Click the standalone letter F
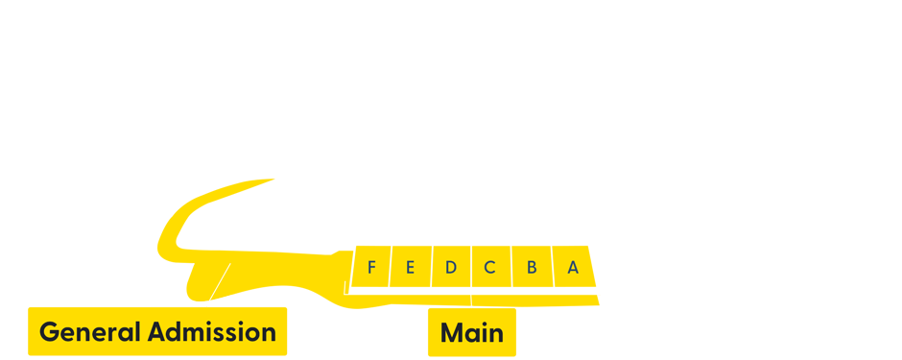tap(371, 268)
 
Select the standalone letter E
tap(410, 268)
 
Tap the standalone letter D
tap(450, 268)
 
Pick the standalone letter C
tap(489, 268)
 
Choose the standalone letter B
tap(532, 268)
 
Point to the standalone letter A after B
tap(573, 268)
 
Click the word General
tap(91, 332)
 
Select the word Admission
tap(212, 332)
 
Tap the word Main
tap(471, 333)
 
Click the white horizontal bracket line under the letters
tap(413, 293)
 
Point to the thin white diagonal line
tap(220, 280)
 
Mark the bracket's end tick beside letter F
tap(344, 287)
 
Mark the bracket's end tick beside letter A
tap(599, 287)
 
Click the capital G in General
tap(49, 332)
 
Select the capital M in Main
tap(450, 333)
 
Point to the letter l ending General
tap(140, 332)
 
